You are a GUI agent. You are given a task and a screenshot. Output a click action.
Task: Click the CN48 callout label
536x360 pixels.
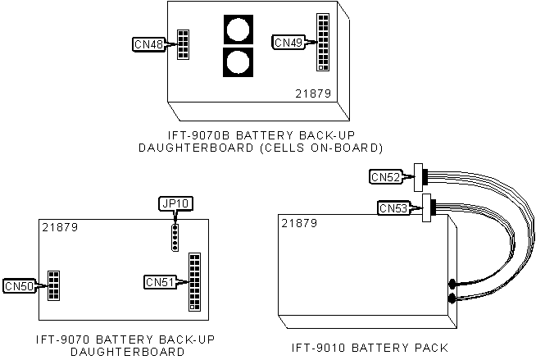149,44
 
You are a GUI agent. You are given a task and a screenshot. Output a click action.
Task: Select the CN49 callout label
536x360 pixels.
288,43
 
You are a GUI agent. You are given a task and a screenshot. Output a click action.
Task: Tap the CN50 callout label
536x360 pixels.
20,286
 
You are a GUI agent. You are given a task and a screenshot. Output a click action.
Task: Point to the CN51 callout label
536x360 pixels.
160,282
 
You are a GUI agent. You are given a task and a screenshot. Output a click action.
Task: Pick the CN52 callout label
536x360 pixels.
386,177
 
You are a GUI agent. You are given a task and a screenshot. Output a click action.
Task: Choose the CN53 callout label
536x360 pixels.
394,207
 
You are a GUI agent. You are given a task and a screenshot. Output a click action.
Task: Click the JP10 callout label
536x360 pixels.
175,203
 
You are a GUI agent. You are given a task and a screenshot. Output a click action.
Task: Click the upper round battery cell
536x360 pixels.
238,30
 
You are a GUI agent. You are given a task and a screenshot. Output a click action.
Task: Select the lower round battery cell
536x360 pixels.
238,62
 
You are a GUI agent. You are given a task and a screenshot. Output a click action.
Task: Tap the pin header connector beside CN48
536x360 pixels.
183,44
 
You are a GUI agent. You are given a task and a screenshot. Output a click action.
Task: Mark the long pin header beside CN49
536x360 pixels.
323,42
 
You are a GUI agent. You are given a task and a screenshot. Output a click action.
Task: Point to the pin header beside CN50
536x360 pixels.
53,286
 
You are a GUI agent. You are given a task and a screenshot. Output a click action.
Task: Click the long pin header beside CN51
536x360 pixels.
195,282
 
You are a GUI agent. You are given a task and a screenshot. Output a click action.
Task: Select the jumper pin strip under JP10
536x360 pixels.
175,237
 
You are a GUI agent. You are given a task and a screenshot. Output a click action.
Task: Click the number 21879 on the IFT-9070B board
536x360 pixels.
313,93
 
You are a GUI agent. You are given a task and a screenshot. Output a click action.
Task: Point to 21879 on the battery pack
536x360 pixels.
299,224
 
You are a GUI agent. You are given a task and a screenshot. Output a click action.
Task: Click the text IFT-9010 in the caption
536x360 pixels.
319,348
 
